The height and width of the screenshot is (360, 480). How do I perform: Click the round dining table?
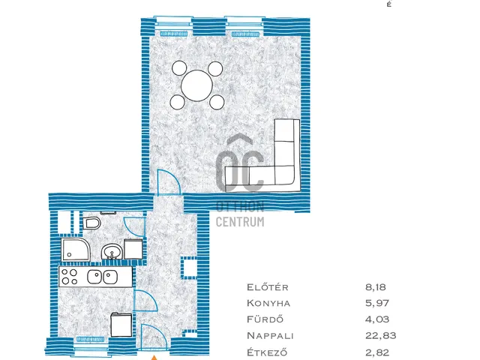click(x=196, y=85)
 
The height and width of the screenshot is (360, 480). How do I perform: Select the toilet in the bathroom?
click(x=91, y=223)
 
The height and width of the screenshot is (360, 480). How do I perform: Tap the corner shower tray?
click(x=76, y=250)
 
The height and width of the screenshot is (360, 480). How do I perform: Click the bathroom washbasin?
click(x=112, y=252)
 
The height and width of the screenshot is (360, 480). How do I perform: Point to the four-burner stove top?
click(x=70, y=277)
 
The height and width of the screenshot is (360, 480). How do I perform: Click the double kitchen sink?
click(x=102, y=277)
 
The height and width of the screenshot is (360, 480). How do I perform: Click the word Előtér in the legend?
click(x=268, y=287)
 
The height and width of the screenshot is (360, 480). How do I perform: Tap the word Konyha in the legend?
click(x=268, y=303)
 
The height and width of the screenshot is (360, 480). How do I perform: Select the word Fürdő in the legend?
click(x=265, y=319)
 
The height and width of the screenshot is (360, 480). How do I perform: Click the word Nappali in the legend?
click(x=270, y=335)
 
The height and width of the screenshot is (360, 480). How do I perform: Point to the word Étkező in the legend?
click(x=267, y=352)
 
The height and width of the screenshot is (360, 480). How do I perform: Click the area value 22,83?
click(x=380, y=335)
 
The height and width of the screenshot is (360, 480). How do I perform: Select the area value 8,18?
click(x=376, y=287)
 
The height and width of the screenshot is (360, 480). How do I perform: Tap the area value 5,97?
click(x=377, y=303)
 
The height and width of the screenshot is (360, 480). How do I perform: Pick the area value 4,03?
click(x=377, y=319)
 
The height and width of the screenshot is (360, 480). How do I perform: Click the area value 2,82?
click(x=377, y=352)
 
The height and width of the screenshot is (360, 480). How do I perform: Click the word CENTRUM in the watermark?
click(x=240, y=222)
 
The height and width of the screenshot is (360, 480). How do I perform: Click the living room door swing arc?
click(x=175, y=178)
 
